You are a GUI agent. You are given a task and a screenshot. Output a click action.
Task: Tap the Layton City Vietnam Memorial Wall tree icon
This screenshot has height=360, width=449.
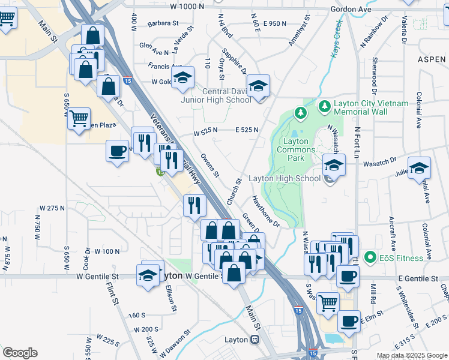[325, 107]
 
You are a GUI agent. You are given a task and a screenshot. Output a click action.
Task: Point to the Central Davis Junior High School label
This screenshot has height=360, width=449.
[217, 95]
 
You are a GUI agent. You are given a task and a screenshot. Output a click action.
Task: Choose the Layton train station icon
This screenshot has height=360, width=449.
[255, 340]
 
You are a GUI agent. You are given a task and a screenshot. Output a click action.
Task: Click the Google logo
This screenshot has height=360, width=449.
[20, 353]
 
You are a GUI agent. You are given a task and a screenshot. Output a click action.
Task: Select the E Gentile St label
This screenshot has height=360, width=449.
[417, 279]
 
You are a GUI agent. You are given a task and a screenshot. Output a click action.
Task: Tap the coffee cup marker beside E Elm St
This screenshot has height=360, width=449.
[348, 321]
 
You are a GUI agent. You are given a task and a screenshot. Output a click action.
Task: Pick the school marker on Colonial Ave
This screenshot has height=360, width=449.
[419, 167]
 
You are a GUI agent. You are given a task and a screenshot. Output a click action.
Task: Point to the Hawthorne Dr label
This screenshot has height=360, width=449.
[266, 211]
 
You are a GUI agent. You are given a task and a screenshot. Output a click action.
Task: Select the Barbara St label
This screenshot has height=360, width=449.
[163, 24]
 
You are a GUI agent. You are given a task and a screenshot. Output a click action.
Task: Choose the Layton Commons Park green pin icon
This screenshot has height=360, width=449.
[300, 112]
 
